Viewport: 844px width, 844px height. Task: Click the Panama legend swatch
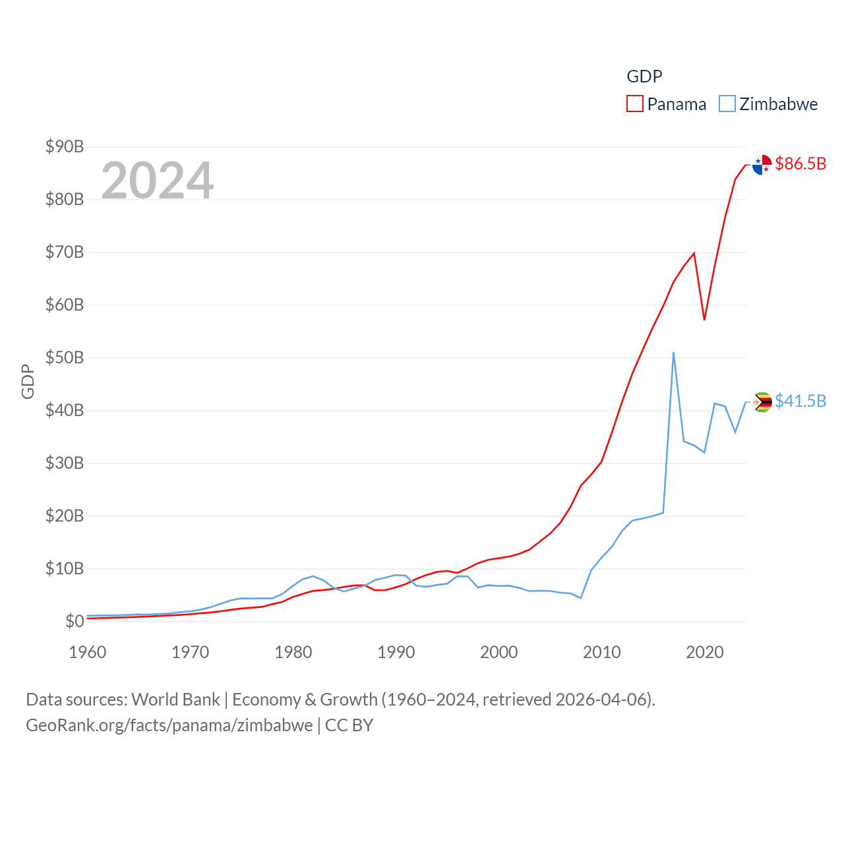pos(634,104)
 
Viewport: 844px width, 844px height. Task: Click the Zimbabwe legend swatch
pos(727,104)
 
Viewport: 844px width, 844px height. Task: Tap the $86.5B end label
pos(800,164)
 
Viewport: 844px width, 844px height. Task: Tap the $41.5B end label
pos(800,401)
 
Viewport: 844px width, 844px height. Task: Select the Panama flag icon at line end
pos(762,165)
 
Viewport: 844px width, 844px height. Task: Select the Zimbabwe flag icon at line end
pos(762,402)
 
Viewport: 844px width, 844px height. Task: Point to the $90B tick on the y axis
pos(65,146)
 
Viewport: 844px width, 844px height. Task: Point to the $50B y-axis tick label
pos(65,357)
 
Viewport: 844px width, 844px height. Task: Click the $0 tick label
pos(75,621)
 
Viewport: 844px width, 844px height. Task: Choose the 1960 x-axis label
pos(88,652)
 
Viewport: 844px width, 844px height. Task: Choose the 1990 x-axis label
pos(396,652)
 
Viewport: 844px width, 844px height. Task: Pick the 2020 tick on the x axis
pos(705,652)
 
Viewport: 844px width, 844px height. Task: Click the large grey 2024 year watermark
pos(158,180)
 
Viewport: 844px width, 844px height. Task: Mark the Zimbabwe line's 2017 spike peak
pos(673,353)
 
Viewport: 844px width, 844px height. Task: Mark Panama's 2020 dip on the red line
pos(704,320)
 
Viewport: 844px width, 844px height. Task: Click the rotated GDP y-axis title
pos(28,381)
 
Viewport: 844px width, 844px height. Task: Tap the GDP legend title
pos(644,76)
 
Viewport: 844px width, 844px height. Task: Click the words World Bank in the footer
pos(175,699)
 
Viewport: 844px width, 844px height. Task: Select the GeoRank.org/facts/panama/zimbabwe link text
pos(169,725)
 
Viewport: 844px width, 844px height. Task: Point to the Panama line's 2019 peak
pos(694,253)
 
